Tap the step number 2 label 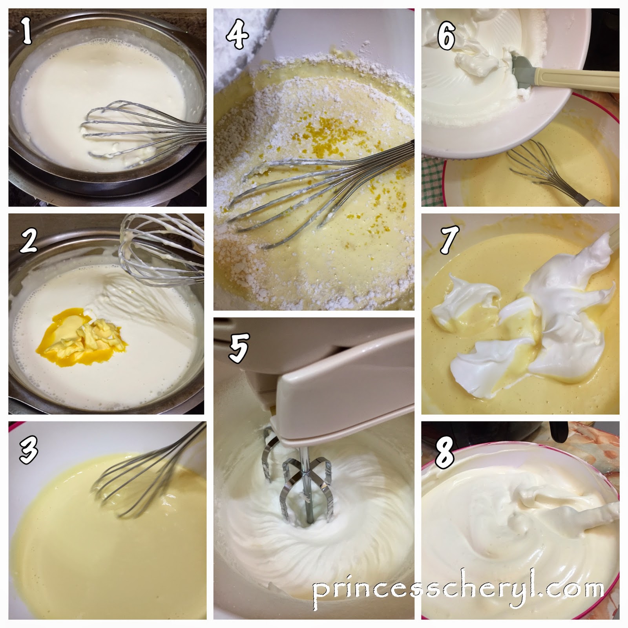(x=28, y=240)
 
